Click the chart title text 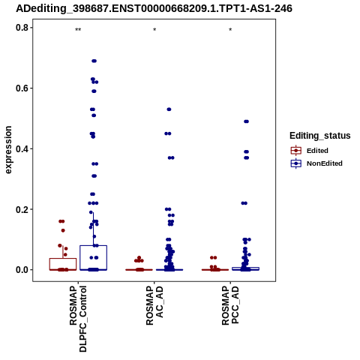point(154,8)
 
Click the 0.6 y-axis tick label point(22,88)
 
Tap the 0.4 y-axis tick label point(22,148)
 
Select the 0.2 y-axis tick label point(22,209)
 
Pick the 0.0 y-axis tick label point(22,270)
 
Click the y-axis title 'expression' point(8,150)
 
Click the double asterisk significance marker point(78,30)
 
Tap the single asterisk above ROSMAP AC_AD point(154,30)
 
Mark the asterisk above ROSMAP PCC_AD point(230,30)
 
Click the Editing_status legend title point(320,136)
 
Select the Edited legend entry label point(317,151)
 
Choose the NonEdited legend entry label point(325,163)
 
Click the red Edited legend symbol point(296,151)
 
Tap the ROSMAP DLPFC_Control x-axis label point(78,319)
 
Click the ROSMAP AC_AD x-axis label point(154,306)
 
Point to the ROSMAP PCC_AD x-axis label point(230,305)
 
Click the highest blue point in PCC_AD point(246,121)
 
